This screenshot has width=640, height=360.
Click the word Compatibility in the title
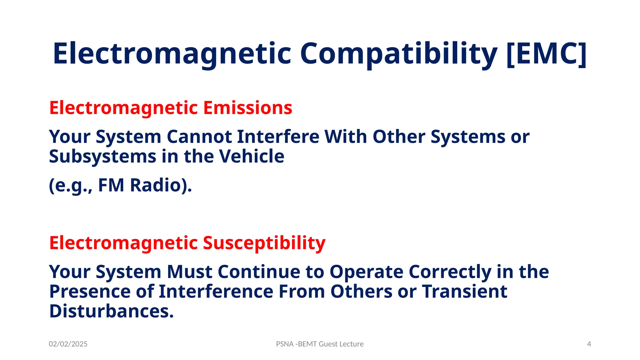[x=398, y=54]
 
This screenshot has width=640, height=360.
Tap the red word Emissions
[x=248, y=108]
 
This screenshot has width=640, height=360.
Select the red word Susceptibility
[x=264, y=243]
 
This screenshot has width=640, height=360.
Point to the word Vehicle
[x=251, y=156]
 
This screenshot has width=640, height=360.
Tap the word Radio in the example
[x=160, y=185]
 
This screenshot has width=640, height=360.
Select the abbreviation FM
[x=111, y=185]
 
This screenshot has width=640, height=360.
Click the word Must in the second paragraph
[x=190, y=272]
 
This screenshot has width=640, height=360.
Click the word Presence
[x=90, y=292]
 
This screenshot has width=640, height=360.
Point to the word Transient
[x=465, y=292]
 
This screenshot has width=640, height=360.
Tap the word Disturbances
[x=111, y=311]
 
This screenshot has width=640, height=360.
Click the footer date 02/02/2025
[x=68, y=344]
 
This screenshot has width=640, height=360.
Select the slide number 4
[x=589, y=344]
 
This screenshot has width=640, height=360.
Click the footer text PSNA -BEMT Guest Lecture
[x=320, y=344]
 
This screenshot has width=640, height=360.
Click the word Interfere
[x=278, y=137]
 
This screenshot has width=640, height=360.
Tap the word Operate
[x=367, y=272]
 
